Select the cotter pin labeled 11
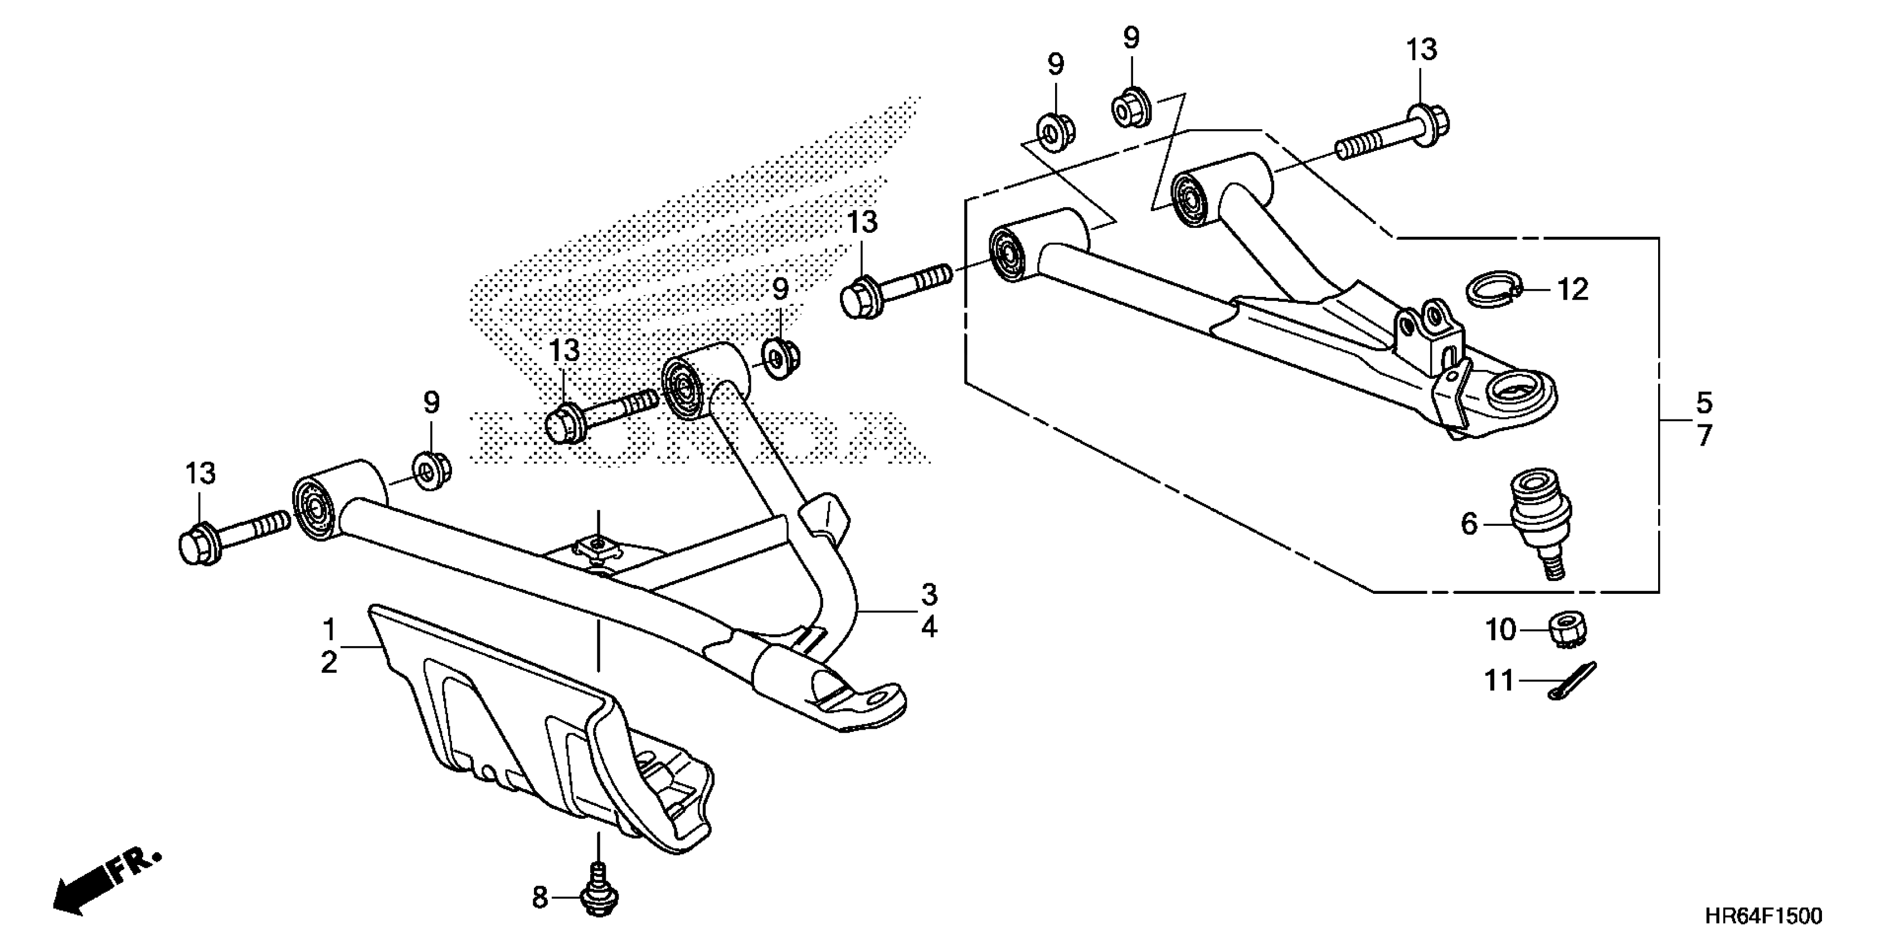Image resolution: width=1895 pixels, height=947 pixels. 1575,681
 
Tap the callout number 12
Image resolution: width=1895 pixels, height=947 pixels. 1572,290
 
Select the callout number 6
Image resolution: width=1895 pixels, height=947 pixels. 1468,524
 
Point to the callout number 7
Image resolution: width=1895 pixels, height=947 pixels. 1704,435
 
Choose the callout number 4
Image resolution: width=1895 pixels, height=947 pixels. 929,627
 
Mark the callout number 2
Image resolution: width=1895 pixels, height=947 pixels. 329,662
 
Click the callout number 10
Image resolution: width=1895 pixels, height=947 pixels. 1501,630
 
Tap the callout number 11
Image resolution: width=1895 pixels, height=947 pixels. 1499,681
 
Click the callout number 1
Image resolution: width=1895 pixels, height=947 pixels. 329,630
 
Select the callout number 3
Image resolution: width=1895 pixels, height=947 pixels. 929,594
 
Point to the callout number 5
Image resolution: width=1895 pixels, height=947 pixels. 1704,402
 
